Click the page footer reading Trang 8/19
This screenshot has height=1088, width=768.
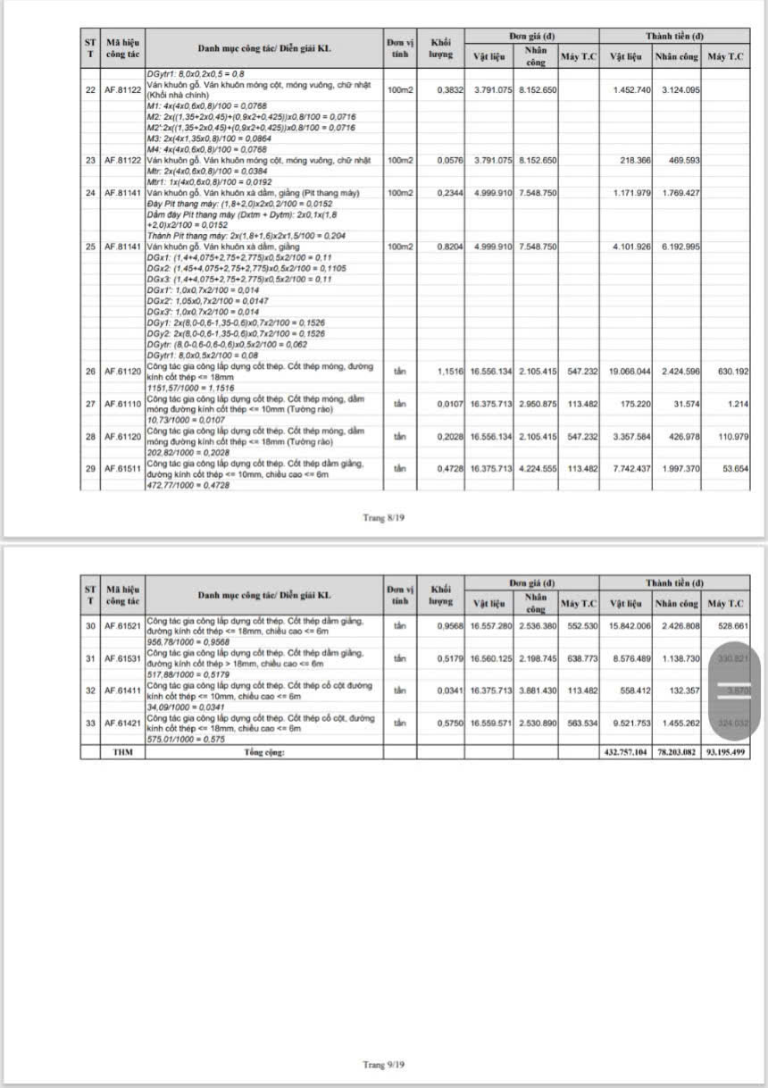385,517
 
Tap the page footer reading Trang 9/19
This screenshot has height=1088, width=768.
385,1064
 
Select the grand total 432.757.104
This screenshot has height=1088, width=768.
629,753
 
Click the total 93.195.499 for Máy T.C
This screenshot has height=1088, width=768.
725,753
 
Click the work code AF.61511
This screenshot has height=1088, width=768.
123,469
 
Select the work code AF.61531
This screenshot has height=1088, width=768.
123,658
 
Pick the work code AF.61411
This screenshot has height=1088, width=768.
123,690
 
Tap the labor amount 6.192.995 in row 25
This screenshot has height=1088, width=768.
678,247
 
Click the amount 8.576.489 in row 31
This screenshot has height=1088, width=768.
630,658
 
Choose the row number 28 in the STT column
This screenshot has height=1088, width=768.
90,437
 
